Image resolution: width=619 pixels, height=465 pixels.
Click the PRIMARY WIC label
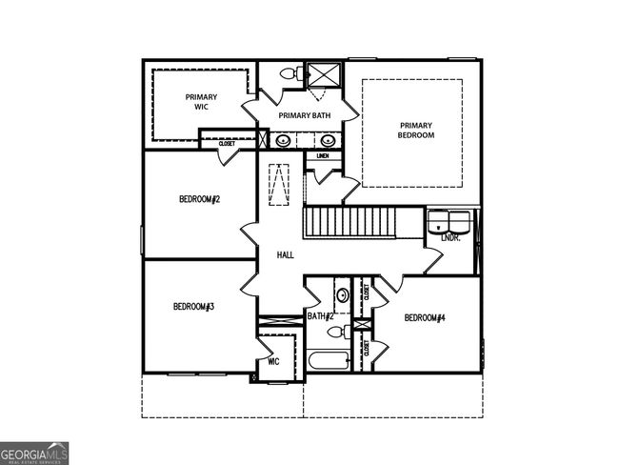pos(201,102)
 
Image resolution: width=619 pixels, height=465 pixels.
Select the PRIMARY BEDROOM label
pos(415,131)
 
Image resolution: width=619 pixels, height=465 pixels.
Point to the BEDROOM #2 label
pos(199,199)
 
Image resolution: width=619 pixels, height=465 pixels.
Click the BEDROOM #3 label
pos(192,306)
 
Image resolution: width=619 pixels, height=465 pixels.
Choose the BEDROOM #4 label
pos(425,316)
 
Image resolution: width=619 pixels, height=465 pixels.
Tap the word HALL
pos(285,255)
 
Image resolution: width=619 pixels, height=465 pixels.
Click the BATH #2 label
pos(320,315)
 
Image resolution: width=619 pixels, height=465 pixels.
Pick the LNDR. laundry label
pos(450,237)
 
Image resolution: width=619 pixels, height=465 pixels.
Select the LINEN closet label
pos(323,155)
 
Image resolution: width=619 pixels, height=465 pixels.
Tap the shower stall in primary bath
pos(322,74)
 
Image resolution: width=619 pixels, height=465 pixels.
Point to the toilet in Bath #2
pos(334,332)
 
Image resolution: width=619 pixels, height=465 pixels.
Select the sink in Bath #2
pos(342,293)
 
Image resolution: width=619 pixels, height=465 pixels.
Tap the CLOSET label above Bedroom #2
pos(227,144)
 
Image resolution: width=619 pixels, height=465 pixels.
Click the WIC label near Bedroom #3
pos(273,361)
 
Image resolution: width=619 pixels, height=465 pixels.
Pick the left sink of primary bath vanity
pos(283,141)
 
